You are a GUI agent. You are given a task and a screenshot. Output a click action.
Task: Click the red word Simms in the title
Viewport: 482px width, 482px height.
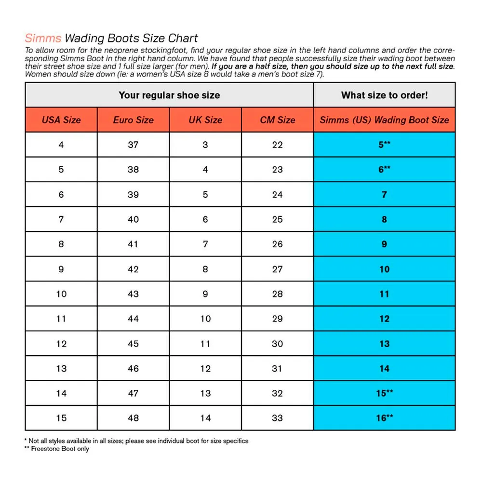click(43, 39)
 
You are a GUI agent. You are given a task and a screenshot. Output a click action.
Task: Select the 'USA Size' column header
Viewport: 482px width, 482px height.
click(61, 120)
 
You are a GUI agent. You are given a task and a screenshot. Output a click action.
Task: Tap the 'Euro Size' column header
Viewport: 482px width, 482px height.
click(133, 120)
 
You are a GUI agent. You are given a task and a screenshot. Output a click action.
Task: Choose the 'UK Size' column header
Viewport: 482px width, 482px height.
click(205, 120)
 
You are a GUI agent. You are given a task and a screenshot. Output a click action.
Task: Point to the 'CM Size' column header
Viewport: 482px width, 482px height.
click(277, 120)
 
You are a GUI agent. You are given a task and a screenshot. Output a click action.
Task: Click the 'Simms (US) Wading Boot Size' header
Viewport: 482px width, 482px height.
click(384, 120)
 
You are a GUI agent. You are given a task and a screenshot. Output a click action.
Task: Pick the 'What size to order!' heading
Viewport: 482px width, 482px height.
click(384, 95)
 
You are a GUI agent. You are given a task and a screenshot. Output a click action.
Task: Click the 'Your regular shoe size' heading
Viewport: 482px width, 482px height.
click(169, 95)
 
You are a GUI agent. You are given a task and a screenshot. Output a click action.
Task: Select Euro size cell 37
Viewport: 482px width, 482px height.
click(133, 145)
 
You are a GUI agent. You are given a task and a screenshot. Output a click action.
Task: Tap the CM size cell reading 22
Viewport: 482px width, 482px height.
click(277, 145)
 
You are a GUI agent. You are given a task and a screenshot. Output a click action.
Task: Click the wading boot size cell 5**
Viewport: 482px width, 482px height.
click(384, 145)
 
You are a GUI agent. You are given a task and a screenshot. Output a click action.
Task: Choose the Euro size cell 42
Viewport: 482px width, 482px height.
click(133, 269)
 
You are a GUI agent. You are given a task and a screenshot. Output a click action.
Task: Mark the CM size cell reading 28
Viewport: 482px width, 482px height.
click(277, 294)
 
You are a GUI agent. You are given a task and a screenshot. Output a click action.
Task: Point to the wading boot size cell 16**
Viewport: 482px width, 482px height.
click(384, 418)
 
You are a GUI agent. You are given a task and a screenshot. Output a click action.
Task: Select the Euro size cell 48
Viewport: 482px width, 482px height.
click(133, 418)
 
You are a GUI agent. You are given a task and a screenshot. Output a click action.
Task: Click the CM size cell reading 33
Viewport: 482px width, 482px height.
click(277, 418)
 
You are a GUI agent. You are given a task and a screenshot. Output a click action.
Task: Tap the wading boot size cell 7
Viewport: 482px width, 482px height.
click(384, 195)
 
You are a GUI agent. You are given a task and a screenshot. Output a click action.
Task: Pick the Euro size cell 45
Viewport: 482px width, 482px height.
click(133, 344)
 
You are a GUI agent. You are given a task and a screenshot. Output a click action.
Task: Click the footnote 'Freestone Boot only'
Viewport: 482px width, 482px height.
click(60, 449)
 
